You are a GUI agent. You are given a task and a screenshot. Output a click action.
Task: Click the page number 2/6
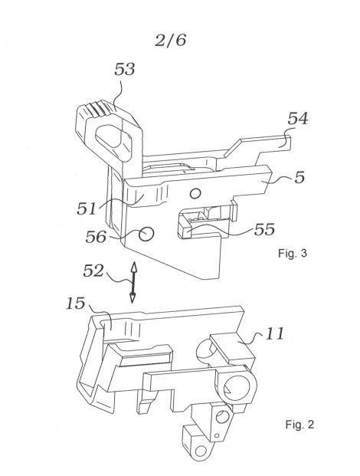(x=170, y=40)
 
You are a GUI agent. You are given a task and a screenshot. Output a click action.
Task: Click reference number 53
(x=124, y=69)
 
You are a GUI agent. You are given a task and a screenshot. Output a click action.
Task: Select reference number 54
(x=298, y=118)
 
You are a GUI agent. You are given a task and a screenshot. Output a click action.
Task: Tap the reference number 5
(x=299, y=177)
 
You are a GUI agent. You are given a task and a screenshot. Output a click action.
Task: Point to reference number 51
(x=87, y=208)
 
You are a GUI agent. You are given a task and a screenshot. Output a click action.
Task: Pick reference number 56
(x=96, y=237)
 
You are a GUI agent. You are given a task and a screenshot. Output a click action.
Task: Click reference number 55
(x=264, y=229)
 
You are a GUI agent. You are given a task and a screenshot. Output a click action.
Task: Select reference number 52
(x=93, y=271)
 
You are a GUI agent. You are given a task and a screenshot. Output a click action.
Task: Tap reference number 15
(x=76, y=304)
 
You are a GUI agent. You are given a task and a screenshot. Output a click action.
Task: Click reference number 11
(x=275, y=333)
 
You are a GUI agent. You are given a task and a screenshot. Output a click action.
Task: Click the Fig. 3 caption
(x=293, y=253)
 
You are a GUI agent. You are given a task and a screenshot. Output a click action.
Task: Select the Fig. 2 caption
(x=299, y=424)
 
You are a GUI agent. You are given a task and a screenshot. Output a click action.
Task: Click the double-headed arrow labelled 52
(x=133, y=282)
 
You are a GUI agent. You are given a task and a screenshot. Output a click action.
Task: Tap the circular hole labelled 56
(x=146, y=234)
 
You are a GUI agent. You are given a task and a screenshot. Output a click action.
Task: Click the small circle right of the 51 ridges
(x=195, y=193)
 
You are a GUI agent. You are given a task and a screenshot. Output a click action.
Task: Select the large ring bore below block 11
(x=236, y=389)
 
